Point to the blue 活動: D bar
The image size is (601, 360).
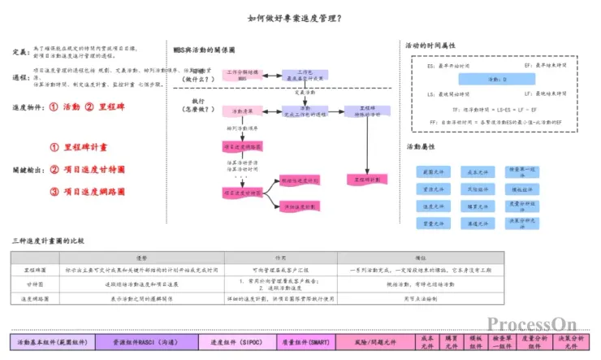click(x=497, y=80)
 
